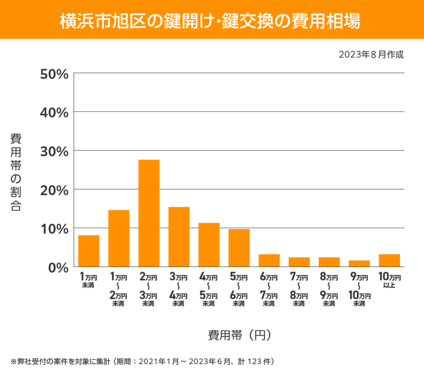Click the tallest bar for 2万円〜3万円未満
pos(149,213)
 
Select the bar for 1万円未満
pos(89,251)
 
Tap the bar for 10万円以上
pos(389,260)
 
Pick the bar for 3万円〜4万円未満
pos(179,237)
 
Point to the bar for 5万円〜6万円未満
pos(239,248)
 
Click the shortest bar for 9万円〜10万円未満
pos(359,263)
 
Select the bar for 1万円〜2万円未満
pos(119,238)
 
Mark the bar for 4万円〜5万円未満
pos(209,245)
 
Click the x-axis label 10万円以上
pos(389,280)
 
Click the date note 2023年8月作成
pos(371,55)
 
